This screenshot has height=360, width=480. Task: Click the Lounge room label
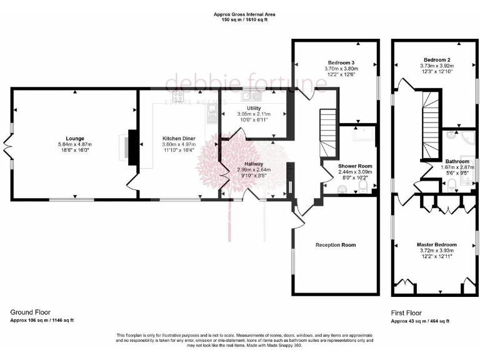tap(75, 138)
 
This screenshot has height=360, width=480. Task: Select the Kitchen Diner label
tap(177, 138)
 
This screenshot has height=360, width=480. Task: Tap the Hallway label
tap(254, 164)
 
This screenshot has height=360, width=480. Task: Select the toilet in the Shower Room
tap(364, 186)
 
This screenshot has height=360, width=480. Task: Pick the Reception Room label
tap(336, 245)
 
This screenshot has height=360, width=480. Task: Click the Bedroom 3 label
tap(341, 62)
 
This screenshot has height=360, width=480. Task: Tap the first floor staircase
tap(431, 125)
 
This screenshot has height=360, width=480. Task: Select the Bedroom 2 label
tap(436, 59)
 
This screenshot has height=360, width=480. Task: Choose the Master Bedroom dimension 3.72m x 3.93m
tap(436, 251)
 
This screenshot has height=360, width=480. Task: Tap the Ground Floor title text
tap(30, 312)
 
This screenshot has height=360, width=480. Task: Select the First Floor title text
tap(406, 313)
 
